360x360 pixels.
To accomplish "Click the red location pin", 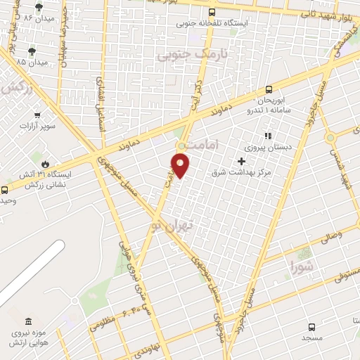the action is point(181,166).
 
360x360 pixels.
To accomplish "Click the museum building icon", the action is point(28,321).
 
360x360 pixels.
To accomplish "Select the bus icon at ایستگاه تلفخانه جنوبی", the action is point(212,12).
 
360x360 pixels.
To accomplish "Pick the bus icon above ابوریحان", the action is point(268,89).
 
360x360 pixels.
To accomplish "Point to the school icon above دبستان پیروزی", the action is point(266,136).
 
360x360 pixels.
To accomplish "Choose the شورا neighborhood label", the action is point(303,266).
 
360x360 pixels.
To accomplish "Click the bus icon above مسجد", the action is point(311,327).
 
